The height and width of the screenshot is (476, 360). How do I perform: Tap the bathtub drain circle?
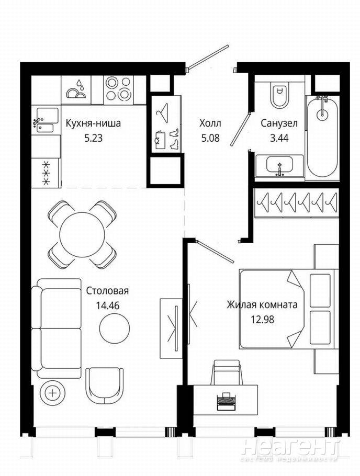pyautogui.click(x=321, y=113)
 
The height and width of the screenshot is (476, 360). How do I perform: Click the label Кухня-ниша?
pyautogui.click(x=93, y=123)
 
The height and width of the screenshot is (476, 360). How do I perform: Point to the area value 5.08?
pyautogui.click(x=210, y=138)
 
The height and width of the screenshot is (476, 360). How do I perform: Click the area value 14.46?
pyautogui.click(x=108, y=305)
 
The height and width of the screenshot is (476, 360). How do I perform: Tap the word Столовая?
pyautogui.click(x=107, y=291)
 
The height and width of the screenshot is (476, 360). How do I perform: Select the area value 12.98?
pyautogui.click(x=262, y=320)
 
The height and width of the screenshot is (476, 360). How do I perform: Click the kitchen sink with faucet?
pyautogui.click(x=46, y=120)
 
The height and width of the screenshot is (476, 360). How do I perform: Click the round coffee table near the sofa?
pyautogui.click(x=115, y=328)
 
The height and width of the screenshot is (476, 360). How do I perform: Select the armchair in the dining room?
pyautogui.click(x=105, y=385)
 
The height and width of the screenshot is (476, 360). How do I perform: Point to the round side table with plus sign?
pyautogui.click(x=52, y=393)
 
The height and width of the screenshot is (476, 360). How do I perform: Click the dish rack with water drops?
pyautogui.click(x=76, y=90)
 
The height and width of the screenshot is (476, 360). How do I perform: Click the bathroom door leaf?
pyautogui.click(x=240, y=129)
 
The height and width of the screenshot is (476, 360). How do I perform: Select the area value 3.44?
pyautogui.click(x=279, y=138)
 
